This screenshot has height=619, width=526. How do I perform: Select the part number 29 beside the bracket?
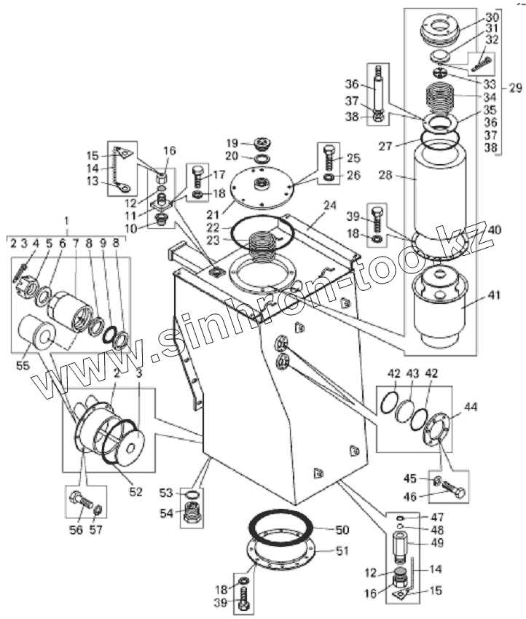(x=515, y=87)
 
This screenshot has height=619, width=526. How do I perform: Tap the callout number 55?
(x=23, y=365)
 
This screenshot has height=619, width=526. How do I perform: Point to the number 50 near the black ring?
(x=342, y=530)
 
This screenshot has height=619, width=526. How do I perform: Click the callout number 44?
(x=470, y=407)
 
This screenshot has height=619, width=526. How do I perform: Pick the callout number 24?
(x=330, y=206)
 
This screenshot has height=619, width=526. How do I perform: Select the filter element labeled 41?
(x=439, y=309)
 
